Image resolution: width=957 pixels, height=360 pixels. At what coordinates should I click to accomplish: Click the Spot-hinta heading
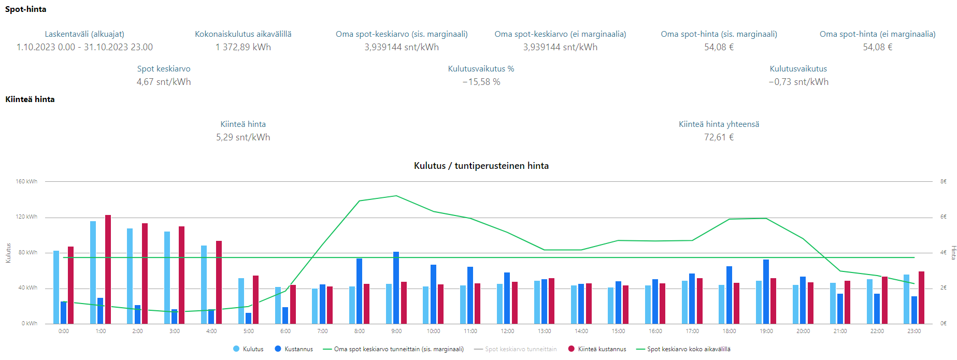(x=25, y=9)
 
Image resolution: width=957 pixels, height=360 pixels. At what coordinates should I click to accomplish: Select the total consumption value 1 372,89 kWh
(x=243, y=47)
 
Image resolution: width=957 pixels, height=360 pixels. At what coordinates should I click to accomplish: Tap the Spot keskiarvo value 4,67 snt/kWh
(x=164, y=82)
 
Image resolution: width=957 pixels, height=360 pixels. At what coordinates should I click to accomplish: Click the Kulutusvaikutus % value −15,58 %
(x=481, y=82)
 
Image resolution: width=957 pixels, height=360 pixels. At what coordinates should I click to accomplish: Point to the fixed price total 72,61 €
(x=719, y=137)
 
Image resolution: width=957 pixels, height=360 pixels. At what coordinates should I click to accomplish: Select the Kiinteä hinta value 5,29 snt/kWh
(x=243, y=137)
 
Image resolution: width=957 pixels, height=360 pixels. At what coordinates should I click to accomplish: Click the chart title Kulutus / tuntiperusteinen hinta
(x=481, y=166)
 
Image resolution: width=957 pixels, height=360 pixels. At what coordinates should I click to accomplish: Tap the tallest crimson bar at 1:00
(x=108, y=269)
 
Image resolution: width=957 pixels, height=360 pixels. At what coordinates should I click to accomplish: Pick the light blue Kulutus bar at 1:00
(x=93, y=272)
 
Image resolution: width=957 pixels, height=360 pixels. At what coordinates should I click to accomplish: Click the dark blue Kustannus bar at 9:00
(x=396, y=287)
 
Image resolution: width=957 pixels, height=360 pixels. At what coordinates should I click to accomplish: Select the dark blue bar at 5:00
(x=249, y=318)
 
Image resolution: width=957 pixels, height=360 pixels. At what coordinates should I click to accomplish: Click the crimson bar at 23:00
(x=921, y=297)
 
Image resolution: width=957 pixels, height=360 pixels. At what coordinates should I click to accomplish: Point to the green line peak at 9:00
(x=396, y=196)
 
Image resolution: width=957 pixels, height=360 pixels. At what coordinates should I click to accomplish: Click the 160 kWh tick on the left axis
(x=26, y=181)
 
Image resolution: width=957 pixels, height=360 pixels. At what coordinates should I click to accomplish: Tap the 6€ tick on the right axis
(x=943, y=217)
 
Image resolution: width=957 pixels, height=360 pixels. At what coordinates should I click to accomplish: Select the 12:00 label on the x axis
(x=507, y=331)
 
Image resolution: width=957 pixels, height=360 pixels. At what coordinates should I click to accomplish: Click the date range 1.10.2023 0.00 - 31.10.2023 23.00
(x=84, y=47)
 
